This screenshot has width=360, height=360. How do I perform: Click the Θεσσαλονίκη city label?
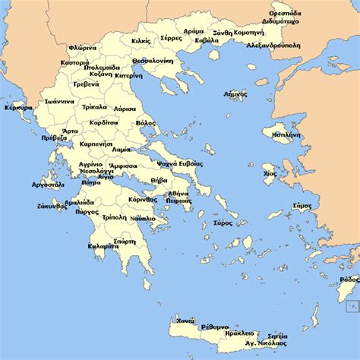point(153,61)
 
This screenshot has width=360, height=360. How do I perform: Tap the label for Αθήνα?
point(177,194)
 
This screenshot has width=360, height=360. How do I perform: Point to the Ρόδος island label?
point(350,279)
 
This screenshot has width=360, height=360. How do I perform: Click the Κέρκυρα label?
point(18,108)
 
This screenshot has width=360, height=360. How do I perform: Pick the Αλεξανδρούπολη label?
point(274,45)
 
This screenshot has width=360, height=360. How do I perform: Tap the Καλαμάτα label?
point(103,246)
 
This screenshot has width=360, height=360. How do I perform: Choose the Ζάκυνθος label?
point(50,206)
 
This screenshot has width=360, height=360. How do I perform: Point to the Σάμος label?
point(302,205)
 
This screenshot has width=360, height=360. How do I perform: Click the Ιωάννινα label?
point(58,100)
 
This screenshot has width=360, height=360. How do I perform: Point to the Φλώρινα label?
point(82,48)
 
